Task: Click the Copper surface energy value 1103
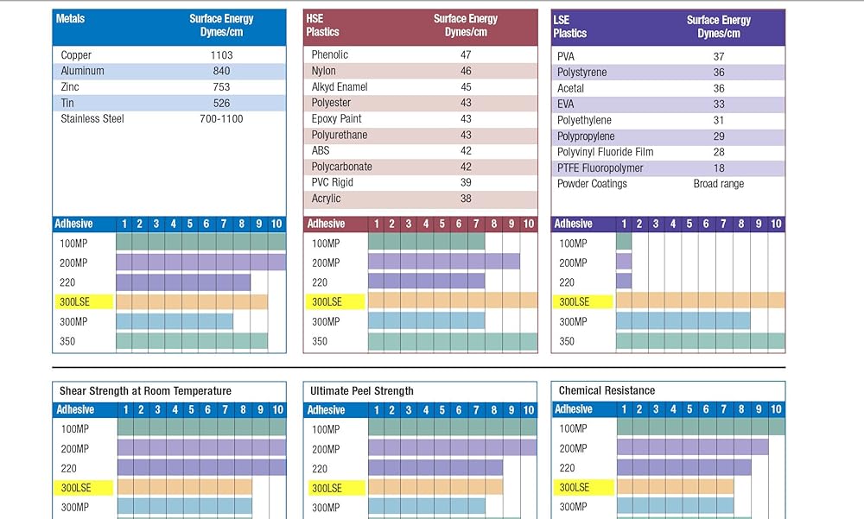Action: [221, 55]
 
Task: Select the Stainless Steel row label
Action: [92, 118]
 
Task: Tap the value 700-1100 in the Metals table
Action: [221, 118]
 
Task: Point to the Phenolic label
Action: [330, 54]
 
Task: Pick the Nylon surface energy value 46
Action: [466, 71]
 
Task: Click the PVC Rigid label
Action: [333, 182]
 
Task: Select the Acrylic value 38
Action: [466, 199]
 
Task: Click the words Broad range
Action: [718, 184]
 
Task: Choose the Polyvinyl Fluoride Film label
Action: [605, 152]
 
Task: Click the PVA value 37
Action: [718, 57]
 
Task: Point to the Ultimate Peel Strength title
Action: [362, 391]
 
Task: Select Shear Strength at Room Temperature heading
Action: [145, 391]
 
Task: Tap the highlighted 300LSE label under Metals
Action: [75, 301]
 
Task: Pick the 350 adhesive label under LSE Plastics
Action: [567, 341]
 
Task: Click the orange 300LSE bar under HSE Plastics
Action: [452, 301]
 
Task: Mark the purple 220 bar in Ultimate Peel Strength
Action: [435, 468]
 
